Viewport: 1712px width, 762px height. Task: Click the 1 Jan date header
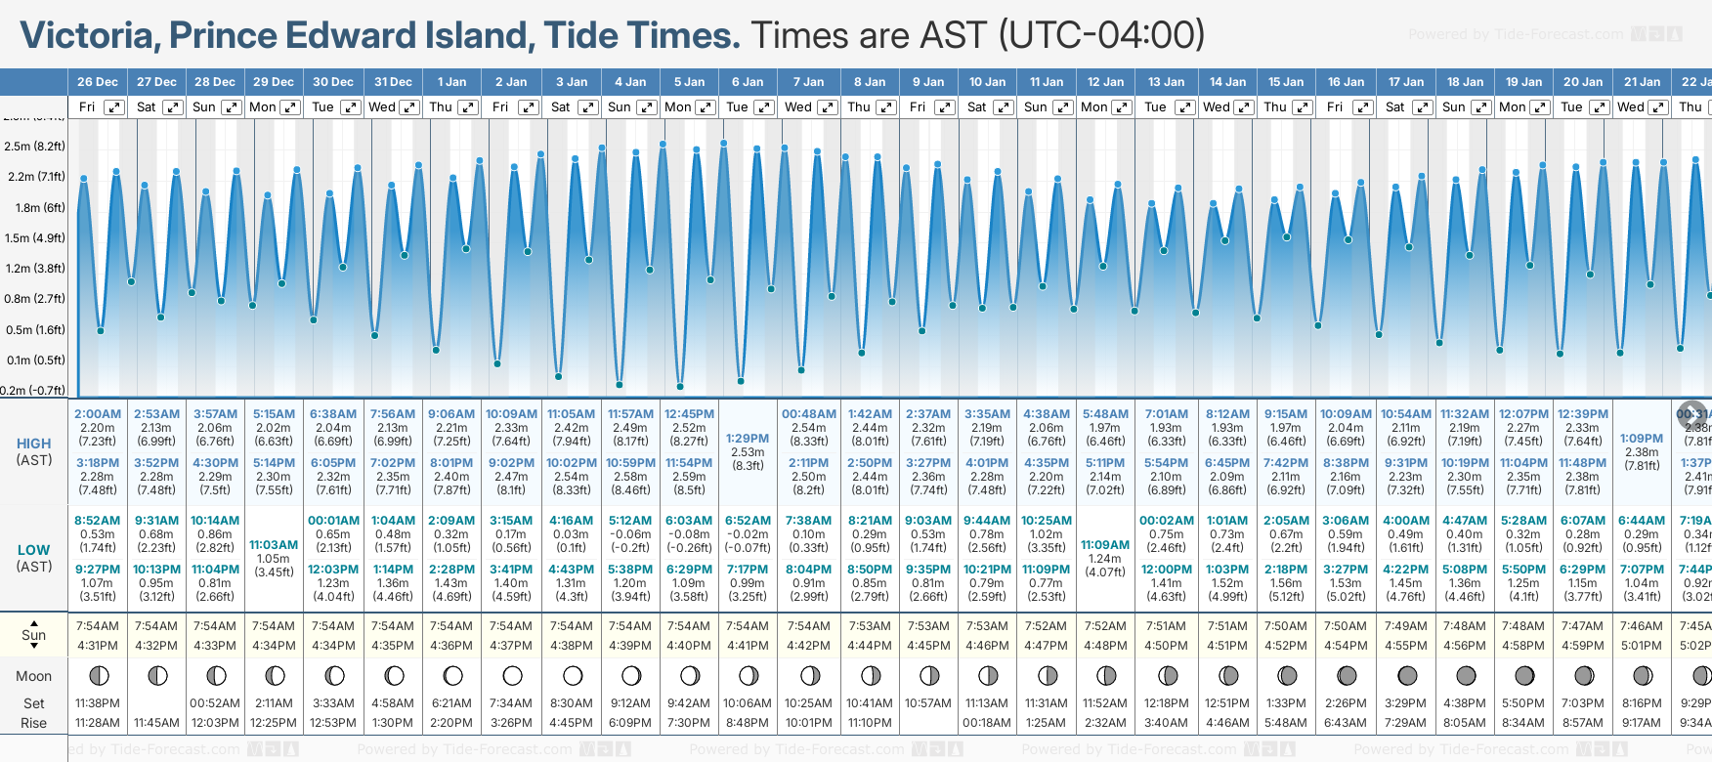tap(451, 82)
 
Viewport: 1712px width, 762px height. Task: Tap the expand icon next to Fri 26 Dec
tap(114, 107)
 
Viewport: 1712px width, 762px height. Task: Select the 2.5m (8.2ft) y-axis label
tap(34, 147)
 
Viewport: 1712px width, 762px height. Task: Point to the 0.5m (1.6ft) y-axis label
tap(34, 330)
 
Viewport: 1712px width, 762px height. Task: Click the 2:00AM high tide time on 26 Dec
tap(98, 414)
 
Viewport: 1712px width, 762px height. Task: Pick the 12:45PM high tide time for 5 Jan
tap(689, 414)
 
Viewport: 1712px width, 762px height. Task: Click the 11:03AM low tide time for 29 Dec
tap(274, 545)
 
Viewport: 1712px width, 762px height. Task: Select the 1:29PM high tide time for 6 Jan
tap(748, 439)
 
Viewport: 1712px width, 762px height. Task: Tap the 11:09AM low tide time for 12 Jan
tap(1105, 545)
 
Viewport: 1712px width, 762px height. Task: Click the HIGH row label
tap(34, 444)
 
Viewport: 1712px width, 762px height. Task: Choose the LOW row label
tap(34, 550)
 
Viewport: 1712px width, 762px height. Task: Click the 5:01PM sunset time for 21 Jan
tap(1642, 646)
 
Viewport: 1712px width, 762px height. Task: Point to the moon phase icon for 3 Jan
tap(573, 675)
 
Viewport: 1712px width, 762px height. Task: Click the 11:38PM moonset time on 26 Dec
tap(98, 703)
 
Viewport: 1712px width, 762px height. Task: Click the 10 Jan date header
tap(987, 82)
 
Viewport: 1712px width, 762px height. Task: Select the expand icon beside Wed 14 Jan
tap(1244, 107)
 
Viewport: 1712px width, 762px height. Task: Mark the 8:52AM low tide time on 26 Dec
tap(98, 521)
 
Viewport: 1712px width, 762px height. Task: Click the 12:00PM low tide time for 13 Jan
tap(1166, 570)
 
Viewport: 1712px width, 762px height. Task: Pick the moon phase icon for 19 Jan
tap(1524, 675)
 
